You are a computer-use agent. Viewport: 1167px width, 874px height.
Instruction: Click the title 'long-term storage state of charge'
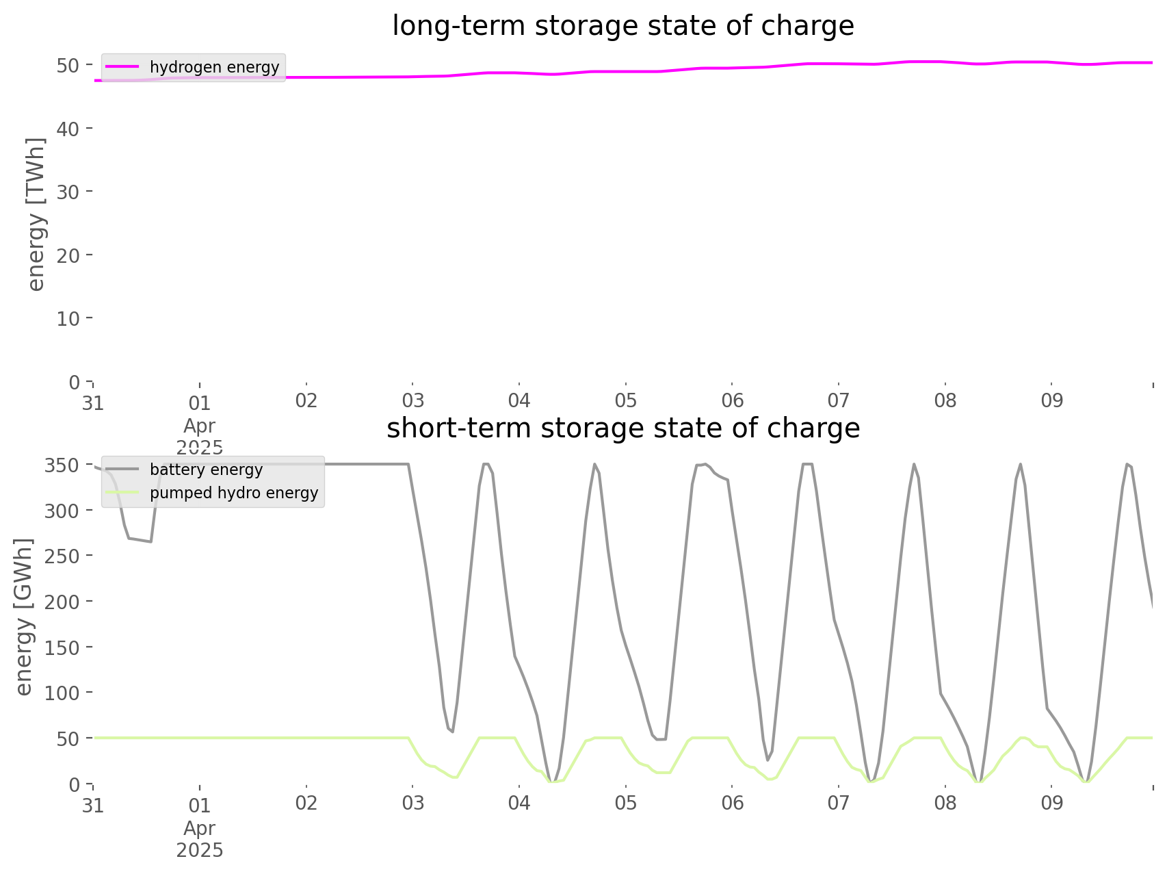tap(623, 27)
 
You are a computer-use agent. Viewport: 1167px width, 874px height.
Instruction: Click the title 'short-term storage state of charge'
tap(623, 429)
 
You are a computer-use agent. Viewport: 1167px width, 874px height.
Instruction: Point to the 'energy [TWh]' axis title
tap(36, 214)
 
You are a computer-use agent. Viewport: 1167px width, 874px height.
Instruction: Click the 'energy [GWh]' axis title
tap(24, 617)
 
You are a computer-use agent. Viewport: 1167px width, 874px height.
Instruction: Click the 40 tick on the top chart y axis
tap(72, 128)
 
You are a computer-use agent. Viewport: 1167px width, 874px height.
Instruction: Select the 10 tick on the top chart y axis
tap(72, 318)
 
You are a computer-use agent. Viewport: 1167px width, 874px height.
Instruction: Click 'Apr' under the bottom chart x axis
tap(200, 829)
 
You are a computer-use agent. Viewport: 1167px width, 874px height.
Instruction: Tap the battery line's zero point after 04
tap(552, 782)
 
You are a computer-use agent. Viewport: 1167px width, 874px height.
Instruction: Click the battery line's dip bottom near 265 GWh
tap(150, 542)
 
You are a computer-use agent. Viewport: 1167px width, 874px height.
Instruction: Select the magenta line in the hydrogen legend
tap(124, 67)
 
